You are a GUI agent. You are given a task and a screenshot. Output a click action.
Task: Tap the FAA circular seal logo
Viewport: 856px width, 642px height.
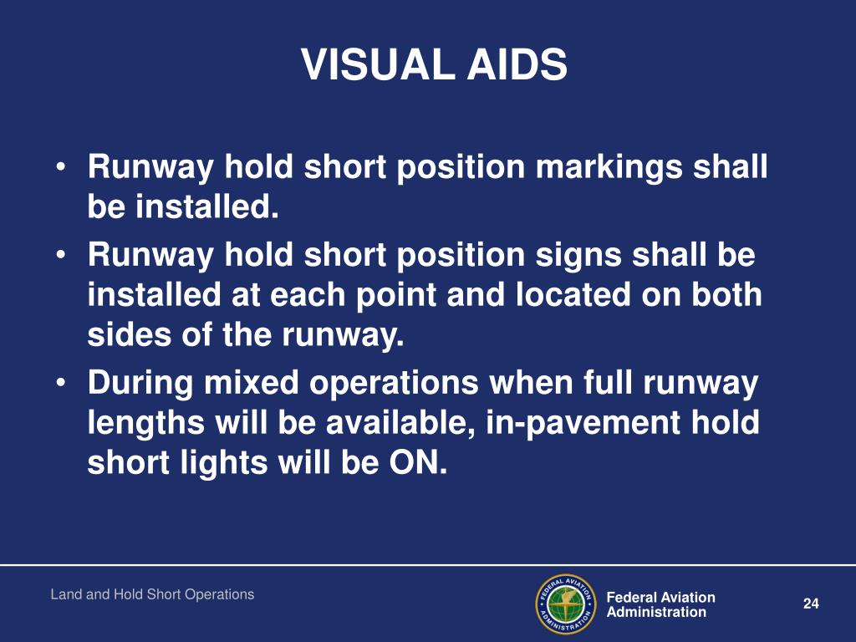[564, 604]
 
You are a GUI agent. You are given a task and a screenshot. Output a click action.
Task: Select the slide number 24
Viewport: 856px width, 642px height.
[809, 604]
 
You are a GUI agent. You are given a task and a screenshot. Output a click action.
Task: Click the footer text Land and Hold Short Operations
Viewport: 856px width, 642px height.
[152, 594]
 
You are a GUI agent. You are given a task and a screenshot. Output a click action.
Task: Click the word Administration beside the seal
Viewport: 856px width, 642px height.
[656, 612]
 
